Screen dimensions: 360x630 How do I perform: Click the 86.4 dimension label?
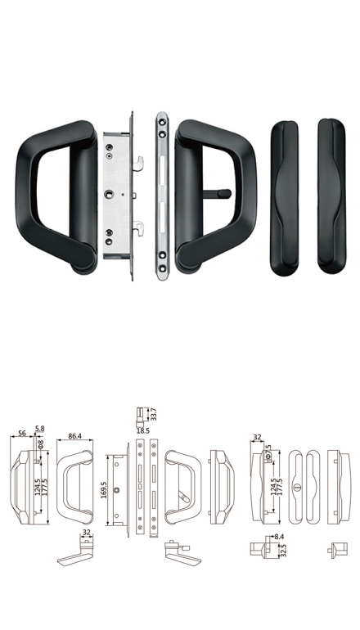coord(74,435)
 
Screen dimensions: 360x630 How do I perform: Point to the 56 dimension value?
coord(23,433)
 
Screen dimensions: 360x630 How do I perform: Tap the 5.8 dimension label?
coord(39,429)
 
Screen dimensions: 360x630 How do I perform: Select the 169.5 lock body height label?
coord(104,490)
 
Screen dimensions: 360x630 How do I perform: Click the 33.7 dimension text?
coord(153,414)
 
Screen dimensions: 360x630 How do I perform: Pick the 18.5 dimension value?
coord(142,430)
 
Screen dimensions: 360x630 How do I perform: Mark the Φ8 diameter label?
coord(40,444)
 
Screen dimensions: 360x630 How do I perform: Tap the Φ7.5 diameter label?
coord(268,452)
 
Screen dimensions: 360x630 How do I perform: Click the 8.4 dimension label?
coord(279,537)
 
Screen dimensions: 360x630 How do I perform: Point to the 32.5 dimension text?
coord(282,551)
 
